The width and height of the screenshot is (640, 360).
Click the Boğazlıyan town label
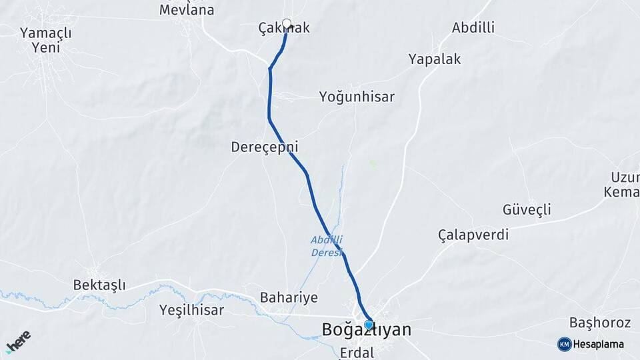(366, 330)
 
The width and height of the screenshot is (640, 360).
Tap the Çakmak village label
(284, 29)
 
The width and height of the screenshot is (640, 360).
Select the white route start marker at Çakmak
(287, 24)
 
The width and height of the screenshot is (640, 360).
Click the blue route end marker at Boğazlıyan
(369, 324)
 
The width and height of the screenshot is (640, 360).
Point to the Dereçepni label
(264, 147)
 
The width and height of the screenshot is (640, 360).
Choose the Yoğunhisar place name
(357, 97)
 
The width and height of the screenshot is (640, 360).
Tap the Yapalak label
(434, 59)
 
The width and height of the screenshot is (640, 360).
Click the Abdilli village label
(473, 28)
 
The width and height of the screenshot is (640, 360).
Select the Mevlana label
(187, 10)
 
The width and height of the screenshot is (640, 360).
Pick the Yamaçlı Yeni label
(45, 39)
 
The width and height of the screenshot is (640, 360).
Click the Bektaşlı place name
(99, 285)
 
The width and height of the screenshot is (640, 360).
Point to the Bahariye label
(289, 297)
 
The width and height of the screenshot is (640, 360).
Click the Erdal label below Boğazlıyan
(357, 351)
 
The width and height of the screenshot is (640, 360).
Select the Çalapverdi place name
(473, 235)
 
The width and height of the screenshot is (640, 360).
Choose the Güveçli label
(527, 210)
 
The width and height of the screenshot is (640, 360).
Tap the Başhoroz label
(600, 323)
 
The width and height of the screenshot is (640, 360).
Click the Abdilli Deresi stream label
(327, 246)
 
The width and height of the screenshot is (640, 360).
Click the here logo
(18, 341)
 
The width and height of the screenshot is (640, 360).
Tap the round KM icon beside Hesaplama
(564, 344)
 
